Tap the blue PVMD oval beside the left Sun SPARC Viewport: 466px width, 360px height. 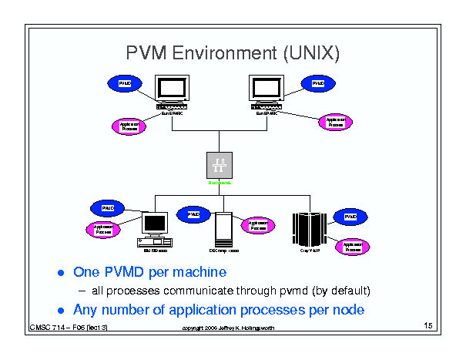coord(122,82)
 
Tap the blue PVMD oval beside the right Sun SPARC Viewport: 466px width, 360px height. coord(315,82)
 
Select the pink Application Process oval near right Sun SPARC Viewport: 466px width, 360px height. coord(335,121)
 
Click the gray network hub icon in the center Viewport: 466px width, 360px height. coord(220,164)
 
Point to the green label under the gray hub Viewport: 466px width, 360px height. coord(220,183)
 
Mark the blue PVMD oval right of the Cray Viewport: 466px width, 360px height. coord(350,217)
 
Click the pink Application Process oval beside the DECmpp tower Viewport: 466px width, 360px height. coord(258,224)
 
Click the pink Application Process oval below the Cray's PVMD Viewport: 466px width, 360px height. coord(354,246)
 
